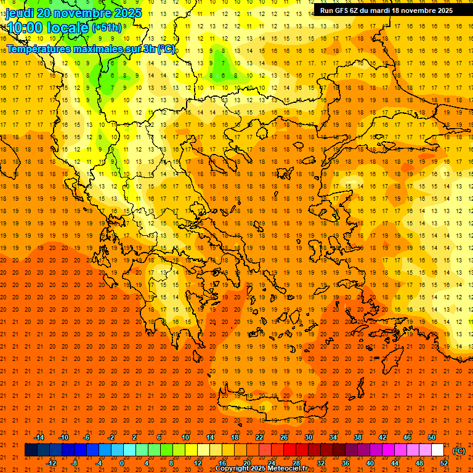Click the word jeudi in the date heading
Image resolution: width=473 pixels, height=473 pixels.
tap(21, 13)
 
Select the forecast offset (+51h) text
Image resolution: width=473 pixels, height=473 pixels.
tap(107, 28)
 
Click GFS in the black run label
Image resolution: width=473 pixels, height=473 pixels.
tap(343, 10)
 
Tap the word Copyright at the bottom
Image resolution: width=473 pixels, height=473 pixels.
tap(232, 469)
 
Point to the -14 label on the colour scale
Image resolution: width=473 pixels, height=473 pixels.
tap(39, 437)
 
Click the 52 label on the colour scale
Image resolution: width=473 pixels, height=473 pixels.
tap(443, 463)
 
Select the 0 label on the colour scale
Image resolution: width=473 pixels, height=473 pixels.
tap(122, 463)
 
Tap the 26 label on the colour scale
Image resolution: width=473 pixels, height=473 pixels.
tap(284, 437)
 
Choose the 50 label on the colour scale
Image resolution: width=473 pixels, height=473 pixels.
tap(432, 437)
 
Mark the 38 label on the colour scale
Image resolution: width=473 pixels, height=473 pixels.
tap(357, 437)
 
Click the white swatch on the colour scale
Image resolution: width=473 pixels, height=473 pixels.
tap(437, 450)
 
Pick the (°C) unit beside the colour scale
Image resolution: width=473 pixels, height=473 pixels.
tap(458, 450)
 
